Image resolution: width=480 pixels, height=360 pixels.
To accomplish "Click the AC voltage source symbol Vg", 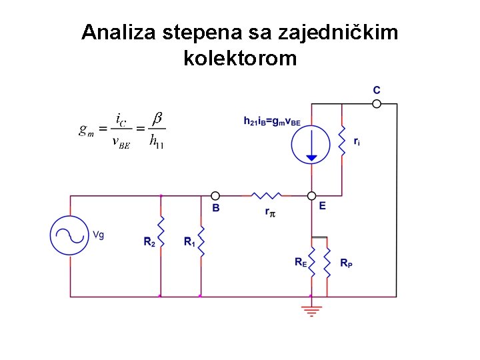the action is point(70,235).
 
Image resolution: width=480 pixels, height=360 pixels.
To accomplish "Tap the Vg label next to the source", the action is point(98,235).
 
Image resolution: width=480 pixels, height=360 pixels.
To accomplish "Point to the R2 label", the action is point(149,242).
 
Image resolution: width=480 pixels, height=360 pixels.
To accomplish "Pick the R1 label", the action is point(190,242).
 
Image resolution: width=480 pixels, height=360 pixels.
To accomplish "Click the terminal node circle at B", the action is point(215,196).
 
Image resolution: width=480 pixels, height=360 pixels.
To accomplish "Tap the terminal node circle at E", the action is point(311,196).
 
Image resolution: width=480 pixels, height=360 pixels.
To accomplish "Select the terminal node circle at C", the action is point(377,103).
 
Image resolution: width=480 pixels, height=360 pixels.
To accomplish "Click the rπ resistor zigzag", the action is point(267,195).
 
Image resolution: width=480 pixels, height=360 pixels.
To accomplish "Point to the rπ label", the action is point(270,213).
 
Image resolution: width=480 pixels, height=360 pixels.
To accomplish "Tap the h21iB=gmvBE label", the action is point(272,121).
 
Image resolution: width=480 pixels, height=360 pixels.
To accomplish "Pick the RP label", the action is point(347,263).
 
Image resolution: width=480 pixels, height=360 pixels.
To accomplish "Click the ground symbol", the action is point(311,309).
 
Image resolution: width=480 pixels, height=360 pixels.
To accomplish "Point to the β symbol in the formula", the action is point(157,118).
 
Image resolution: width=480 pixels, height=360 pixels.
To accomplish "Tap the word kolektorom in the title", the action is point(239,58).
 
